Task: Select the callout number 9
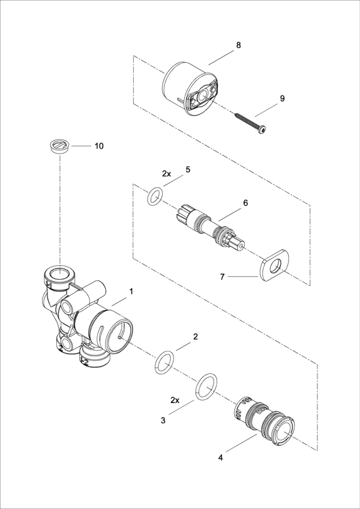pyautogui.click(x=282, y=98)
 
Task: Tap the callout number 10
pyautogui.click(x=100, y=146)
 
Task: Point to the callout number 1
pyautogui.click(x=131, y=291)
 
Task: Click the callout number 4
pyautogui.click(x=220, y=457)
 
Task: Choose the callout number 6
pyautogui.click(x=245, y=203)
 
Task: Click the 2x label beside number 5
pyautogui.click(x=167, y=173)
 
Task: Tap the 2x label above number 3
pyautogui.click(x=175, y=399)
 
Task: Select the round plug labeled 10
pyautogui.click(x=59, y=146)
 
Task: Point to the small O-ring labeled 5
pyautogui.click(x=155, y=195)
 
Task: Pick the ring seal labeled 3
pyautogui.click(x=206, y=387)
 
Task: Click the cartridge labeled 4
pyautogui.click(x=263, y=419)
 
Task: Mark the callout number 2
pyautogui.click(x=195, y=337)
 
